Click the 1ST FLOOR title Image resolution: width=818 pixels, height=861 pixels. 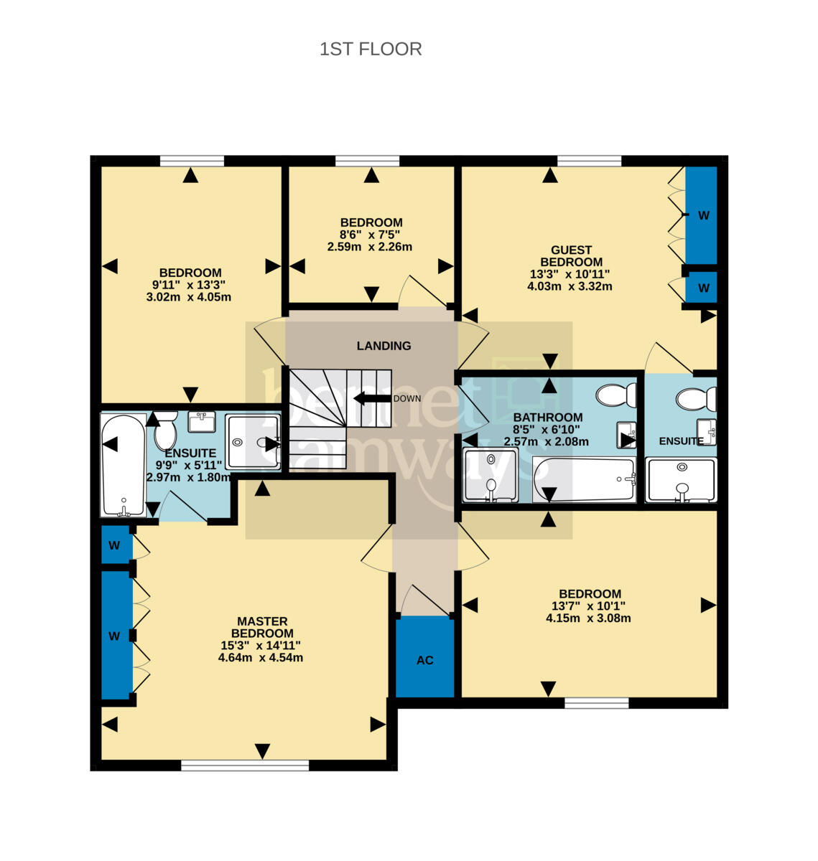pyautogui.click(x=371, y=49)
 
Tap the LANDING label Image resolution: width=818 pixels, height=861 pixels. pyautogui.click(x=384, y=346)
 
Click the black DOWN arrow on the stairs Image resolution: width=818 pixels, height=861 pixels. pyautogui.click(x=372, y=398)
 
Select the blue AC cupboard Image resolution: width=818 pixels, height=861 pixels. pyautogui.click(x=424, y=657)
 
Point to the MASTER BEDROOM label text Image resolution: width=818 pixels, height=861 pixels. pyautogui.click(x=262, y=627)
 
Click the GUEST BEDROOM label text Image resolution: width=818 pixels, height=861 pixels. pyautogui.click(x=571, y=255)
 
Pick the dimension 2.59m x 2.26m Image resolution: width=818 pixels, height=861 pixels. pyautogui.click(x=370, y=247)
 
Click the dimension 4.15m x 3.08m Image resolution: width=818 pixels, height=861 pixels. pyautogui.click(x=588, y=618)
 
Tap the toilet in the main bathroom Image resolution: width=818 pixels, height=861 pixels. pyautogui.click(x=616, y=395)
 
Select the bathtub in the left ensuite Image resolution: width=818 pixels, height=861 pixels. pyautogui.click(x=124, y=465)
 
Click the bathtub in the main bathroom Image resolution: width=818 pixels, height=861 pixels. pyautogui.click(x=584, y=480)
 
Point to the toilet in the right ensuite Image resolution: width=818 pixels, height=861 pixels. pyautogui.click(x=696, y=399)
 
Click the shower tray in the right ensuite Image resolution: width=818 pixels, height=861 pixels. pyautogui.click(x=682, y=480)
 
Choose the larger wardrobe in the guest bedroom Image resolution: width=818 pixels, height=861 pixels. pyautogui.click(x=702, y=215)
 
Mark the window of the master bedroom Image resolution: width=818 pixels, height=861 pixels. pyautogui.click(x=245, y=765)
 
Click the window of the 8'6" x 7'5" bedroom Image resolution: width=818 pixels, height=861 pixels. pyautogui.click(x=368, y=161)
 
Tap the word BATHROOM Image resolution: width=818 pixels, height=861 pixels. pyautogui.click(x=548, y=418)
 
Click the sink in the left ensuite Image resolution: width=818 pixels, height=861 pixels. pyautogui.click(x=202, y=421)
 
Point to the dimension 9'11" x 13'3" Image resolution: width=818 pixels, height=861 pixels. pyautogui.click(x=188, y=285)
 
